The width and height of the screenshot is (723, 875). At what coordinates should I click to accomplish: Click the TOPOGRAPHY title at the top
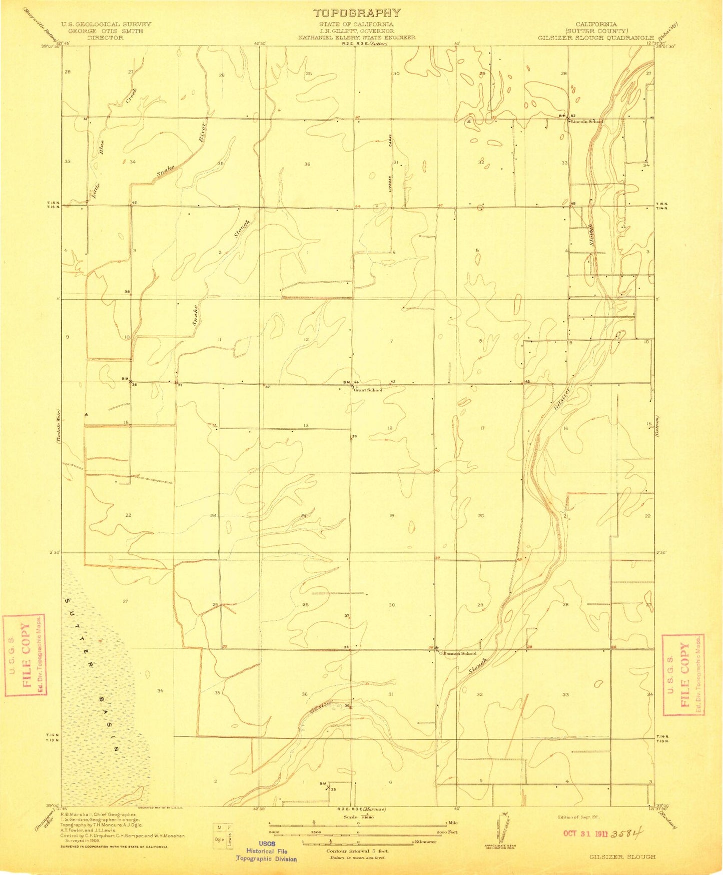(x=357, y=13)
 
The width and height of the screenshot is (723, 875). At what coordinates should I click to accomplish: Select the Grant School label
(x=368, y=390)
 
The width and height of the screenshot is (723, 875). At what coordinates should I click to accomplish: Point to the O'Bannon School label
(x=457, y=653)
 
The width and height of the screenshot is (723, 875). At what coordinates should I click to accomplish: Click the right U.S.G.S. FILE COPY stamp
(x=683, y=674)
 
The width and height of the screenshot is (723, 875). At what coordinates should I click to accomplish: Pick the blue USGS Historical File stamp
(x=267, y=851)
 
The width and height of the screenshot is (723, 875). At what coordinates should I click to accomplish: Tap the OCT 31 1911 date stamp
(x=598, y=834)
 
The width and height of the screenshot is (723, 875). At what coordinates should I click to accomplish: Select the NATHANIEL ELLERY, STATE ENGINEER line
(x=357, y=38)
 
